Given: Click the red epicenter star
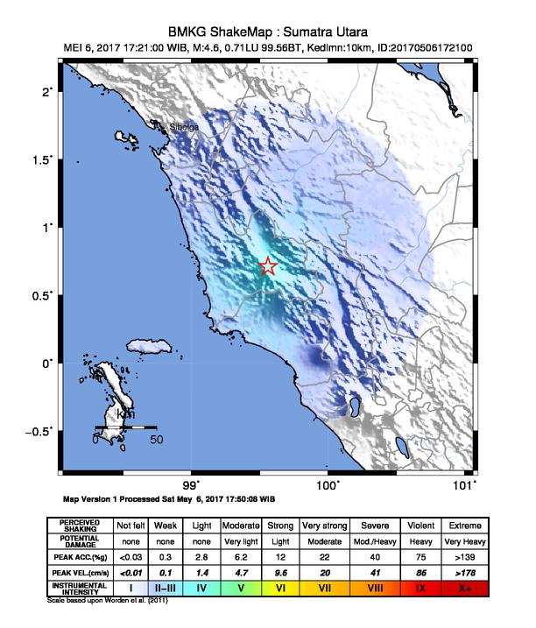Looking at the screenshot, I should [268, 267].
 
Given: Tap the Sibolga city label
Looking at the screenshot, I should [185, 127].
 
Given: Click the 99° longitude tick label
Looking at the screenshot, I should [192, 483].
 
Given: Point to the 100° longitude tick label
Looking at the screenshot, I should [328, 483].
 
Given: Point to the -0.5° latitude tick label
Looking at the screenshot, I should [39, 430].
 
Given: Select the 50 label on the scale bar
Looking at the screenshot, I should [155, 439].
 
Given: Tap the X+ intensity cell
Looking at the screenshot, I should [464, 588].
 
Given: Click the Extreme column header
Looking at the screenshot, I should [464, 525].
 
